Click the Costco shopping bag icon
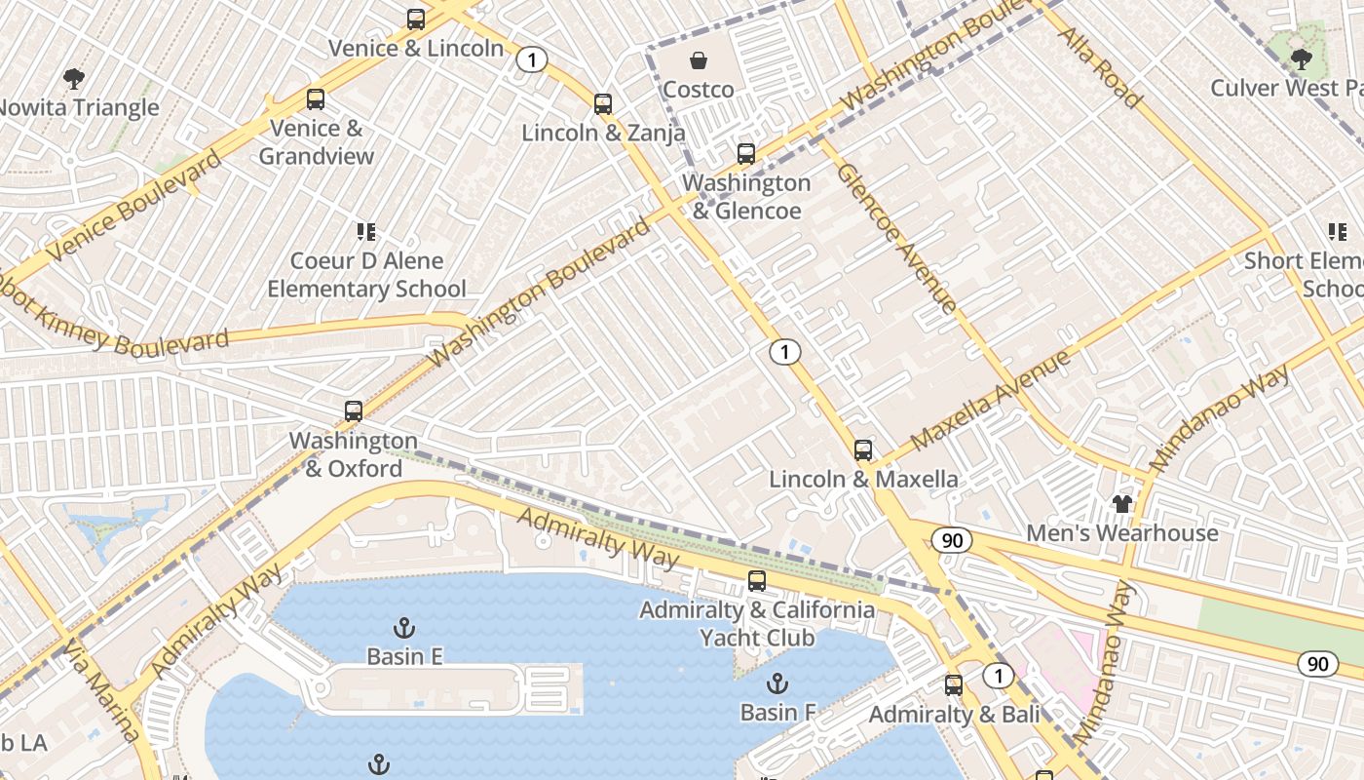pos(699,61)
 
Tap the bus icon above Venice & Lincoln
pos(416,19)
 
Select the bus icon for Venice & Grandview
pos(316,98)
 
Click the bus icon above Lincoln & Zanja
pos(603,103)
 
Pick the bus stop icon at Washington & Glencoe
pos(745,153)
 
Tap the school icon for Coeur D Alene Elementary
pos(366,232)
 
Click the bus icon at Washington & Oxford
pos(353,411)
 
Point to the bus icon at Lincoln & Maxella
pos(863,449)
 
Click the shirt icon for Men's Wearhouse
pos(1122,503)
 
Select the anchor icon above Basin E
pos(403,627)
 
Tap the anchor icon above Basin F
pos(777,682)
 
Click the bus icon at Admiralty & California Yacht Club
pos(757,581)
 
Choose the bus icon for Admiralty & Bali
pos(954,685)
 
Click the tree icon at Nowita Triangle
pos(73,78)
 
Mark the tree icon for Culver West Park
pos(1301,58)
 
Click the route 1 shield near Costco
pos(531,60)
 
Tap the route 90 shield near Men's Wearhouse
pos(951,539)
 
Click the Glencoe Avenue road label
pos(897,238)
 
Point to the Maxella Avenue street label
pos(991,400)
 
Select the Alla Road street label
pos(1099,66)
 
